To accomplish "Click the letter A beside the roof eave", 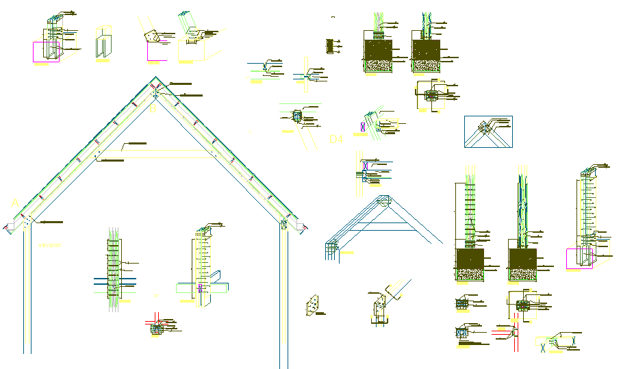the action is tap(14, 203).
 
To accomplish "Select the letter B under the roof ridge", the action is tap(153, 107).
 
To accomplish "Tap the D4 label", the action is tap(335, 140).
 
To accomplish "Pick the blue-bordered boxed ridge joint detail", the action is tap(488, 131).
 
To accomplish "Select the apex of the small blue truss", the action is tap(384, 198).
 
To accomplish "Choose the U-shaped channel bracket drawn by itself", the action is tap(103, 43).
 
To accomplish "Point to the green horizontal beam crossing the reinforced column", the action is tap(115, 279).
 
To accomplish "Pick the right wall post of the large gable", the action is tap(283, 294).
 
